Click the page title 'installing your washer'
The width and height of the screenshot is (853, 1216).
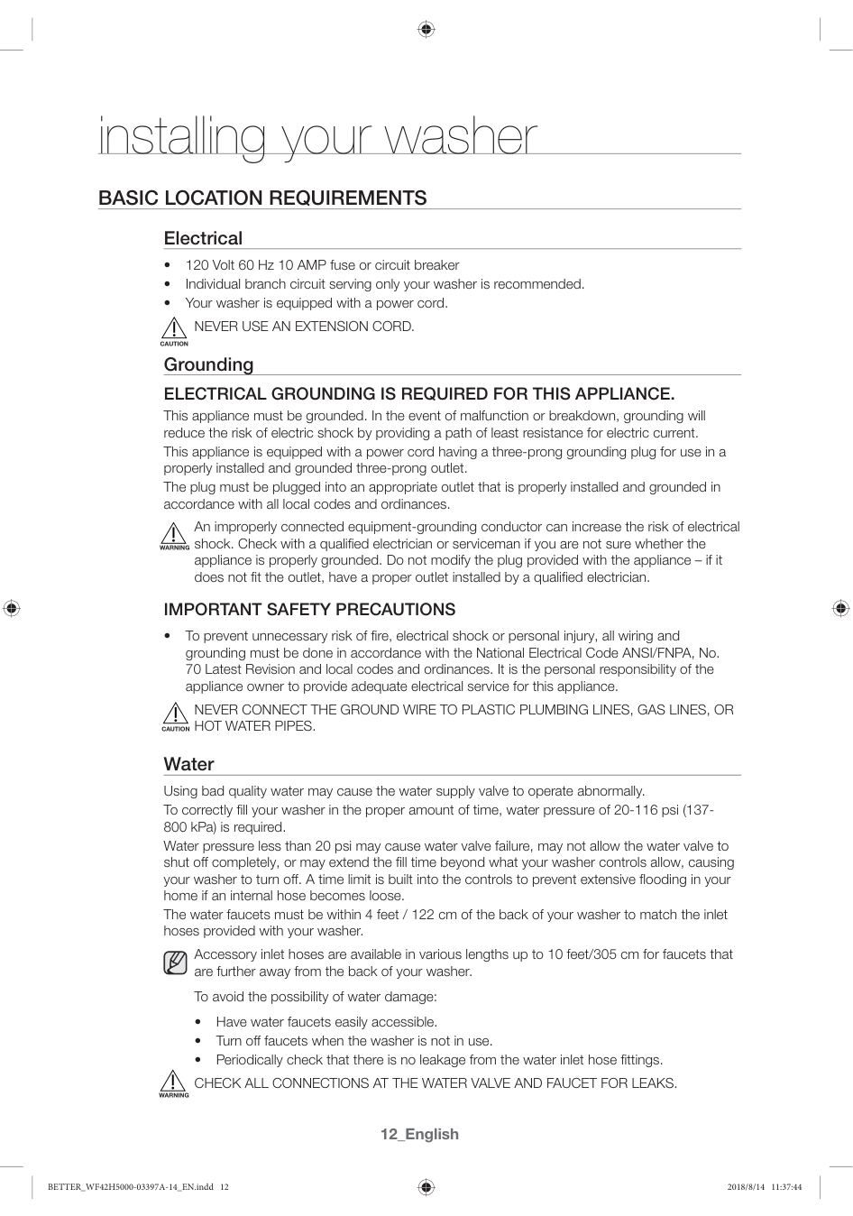click(317, 137)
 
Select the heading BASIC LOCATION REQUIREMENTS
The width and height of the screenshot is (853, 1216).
click(262, 198)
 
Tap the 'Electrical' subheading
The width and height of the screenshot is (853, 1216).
click(203, 238)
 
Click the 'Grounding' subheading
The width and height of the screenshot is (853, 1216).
click(208, 364)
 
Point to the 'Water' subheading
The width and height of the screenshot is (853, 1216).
click(188, 764)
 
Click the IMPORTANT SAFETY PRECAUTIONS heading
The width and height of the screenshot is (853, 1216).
click(309, 610)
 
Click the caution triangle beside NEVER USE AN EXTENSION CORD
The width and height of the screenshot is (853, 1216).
click(174, 329)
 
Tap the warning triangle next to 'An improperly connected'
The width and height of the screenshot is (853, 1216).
click(174, 534)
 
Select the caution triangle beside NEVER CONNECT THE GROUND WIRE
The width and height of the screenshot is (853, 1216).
click(175, 714)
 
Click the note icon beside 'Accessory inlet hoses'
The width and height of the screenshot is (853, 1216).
click(175, 963)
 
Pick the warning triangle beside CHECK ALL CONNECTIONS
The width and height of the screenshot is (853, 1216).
click(174, 1082)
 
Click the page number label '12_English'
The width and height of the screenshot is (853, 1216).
click(419, 1134)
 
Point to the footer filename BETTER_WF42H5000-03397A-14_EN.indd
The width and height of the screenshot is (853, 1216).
click(131, 1187)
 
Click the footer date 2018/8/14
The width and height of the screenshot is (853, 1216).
click(744, 1187)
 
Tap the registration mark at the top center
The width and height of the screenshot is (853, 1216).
click(426, 30)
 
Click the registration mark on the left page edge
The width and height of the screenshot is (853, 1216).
click(11, 608)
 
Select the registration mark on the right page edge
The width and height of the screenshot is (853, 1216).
click(840, 608)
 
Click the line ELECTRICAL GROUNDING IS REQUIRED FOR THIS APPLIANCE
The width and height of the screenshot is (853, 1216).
click(418, 394)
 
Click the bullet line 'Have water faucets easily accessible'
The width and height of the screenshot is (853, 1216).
click(326, 1022)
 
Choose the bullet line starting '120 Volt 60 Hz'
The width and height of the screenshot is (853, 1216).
click(322, 265)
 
